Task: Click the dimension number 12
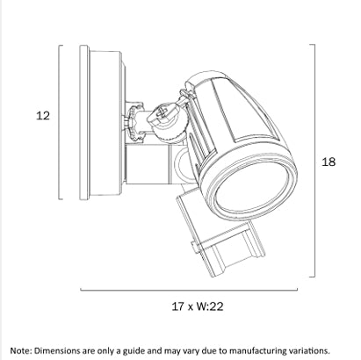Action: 43,116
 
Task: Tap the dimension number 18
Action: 329,162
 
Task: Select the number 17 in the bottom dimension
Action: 178,306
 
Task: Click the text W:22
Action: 210,306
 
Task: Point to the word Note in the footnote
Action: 20,350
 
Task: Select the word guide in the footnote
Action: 134,351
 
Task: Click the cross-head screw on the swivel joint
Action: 162,112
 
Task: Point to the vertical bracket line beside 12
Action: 60,122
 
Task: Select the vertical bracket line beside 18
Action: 314,161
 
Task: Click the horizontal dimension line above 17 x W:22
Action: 189,290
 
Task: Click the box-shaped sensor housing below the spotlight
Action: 220,234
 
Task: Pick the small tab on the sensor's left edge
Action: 195,247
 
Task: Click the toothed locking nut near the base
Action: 132,122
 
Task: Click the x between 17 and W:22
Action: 191,307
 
